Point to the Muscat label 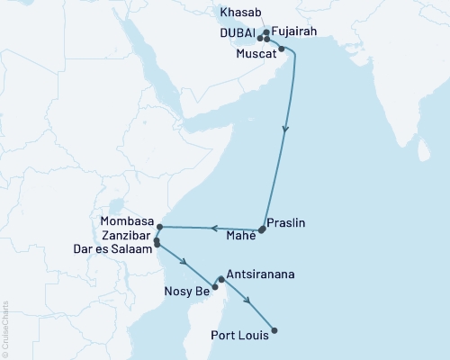[256, 52]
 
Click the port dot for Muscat [282, 49]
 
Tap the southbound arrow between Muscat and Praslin [286, 130]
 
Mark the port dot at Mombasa [159, 226]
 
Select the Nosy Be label [188, 291]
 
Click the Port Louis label [238, 338]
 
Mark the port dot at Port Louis [274, 330]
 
